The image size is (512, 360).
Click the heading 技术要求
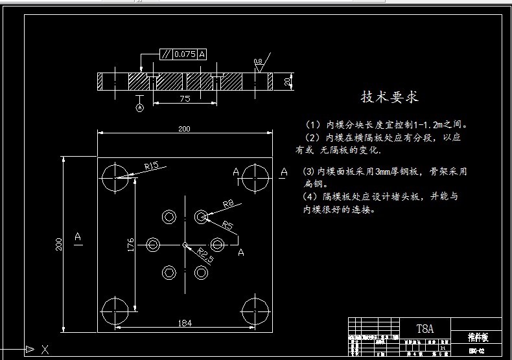(x=390, y=97)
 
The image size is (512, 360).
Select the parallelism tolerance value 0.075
(x=185, y=54)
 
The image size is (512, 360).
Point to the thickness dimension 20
(x=286, y=81)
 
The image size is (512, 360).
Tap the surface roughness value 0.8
(x=258, y=62)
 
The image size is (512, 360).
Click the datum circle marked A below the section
(x=139, y=108)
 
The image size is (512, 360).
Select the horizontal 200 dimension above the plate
(x=184, y=128)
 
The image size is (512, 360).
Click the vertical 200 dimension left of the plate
(x=58, y=243)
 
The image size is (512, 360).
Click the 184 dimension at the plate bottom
(x=185, y=322)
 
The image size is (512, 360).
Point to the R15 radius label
(x=152, y=166)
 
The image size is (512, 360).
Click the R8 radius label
(x=228, y=205)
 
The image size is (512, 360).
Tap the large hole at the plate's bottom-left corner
(x=115, y=307)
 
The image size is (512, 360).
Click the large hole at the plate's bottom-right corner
(x=255, y=307)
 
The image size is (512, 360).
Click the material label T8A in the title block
(x=424, y=328)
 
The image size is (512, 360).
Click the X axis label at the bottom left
(x=45, y=350)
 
